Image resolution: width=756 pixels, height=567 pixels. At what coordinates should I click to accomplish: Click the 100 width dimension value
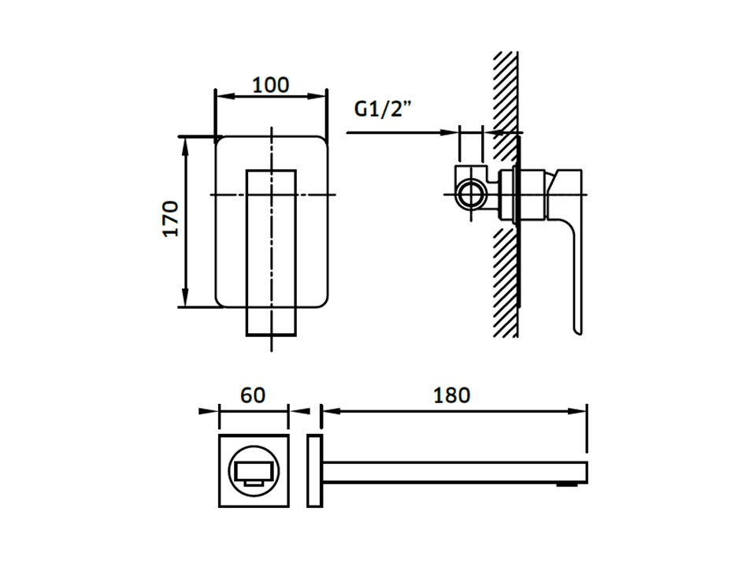coord(271,85)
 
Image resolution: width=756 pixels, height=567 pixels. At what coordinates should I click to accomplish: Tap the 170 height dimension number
coord(170,218)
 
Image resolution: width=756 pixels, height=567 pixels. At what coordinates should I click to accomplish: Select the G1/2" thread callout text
coord(383,109)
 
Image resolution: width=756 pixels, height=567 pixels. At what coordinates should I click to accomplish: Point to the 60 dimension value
coord(253,395)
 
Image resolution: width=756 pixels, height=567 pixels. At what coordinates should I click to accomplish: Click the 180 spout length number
coord(451,395)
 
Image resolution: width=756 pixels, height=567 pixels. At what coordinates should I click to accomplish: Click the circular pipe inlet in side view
coord(469,195)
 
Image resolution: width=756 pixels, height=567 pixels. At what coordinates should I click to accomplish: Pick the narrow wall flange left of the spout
coord(314,471)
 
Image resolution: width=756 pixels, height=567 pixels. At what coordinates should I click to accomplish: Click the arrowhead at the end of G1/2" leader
coord(448,132)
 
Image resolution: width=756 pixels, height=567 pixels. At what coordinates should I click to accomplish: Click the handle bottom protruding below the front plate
coord(271,321)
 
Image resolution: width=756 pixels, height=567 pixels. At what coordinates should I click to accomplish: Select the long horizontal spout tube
coord(454,472)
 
